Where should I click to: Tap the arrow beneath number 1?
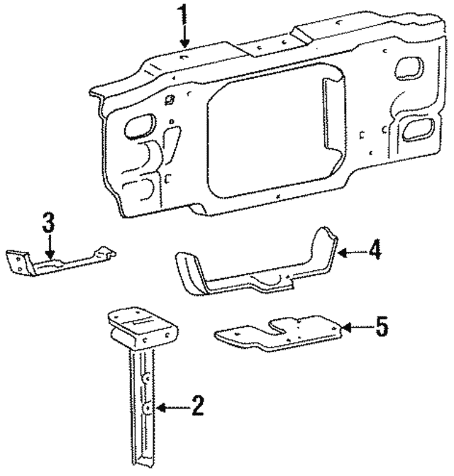coord(183,36)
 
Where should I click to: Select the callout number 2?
coord(197,406)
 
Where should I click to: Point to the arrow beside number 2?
coord(170,407)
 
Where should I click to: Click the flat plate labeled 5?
coord(284,333)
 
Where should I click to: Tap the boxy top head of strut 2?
coord(142,326)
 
